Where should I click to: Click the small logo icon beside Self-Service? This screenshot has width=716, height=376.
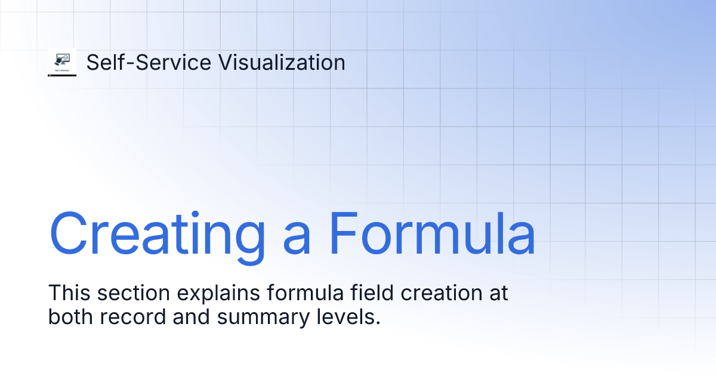[62, 63]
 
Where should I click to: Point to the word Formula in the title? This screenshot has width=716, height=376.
[432, 233]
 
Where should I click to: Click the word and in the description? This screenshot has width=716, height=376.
[192, 317]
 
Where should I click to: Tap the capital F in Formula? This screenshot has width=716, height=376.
[342, 233]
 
